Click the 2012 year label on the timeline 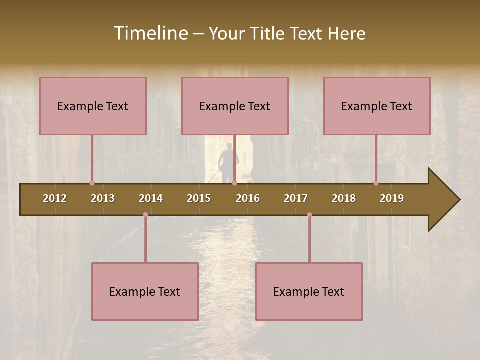point(55,198)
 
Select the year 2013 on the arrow point(103,198)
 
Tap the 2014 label point(151,198)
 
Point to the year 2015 point(199,198)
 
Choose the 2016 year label point(248,198)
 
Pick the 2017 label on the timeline point(296,198)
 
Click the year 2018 point(344,198)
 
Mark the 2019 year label point(392,198)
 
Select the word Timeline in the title point(150,33)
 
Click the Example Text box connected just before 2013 point(93,106)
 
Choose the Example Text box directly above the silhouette point(235,106)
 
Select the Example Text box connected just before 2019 point(377,106)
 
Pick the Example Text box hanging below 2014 point(145,291)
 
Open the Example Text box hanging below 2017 point(309,291)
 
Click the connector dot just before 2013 point(92,183)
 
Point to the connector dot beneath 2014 point(145,215)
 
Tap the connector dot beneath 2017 point(309,215)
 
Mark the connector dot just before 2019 point(376,183)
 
